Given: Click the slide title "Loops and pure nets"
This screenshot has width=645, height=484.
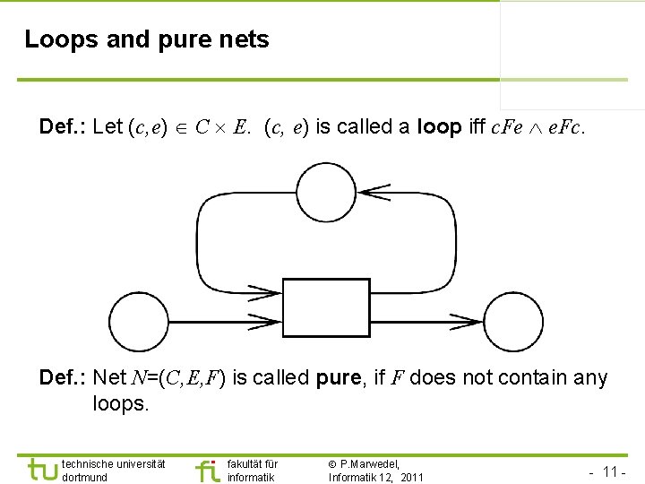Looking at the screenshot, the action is (146, 39).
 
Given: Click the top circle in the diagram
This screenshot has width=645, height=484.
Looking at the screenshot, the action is (326, 190).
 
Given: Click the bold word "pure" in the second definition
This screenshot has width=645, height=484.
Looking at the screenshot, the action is (340, 378).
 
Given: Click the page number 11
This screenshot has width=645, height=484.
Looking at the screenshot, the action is (614, 471).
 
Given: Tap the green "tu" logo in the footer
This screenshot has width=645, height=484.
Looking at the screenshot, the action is (42, 471).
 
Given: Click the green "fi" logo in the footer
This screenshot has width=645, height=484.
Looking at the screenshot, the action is (207, 471).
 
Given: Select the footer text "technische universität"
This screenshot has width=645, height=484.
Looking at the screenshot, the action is (113, 463).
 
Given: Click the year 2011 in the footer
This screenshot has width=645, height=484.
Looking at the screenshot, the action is (412, 477).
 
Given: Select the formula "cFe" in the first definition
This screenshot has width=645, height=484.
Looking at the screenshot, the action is (508, 127).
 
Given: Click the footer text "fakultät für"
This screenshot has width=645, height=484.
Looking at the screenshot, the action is (253, 463).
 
